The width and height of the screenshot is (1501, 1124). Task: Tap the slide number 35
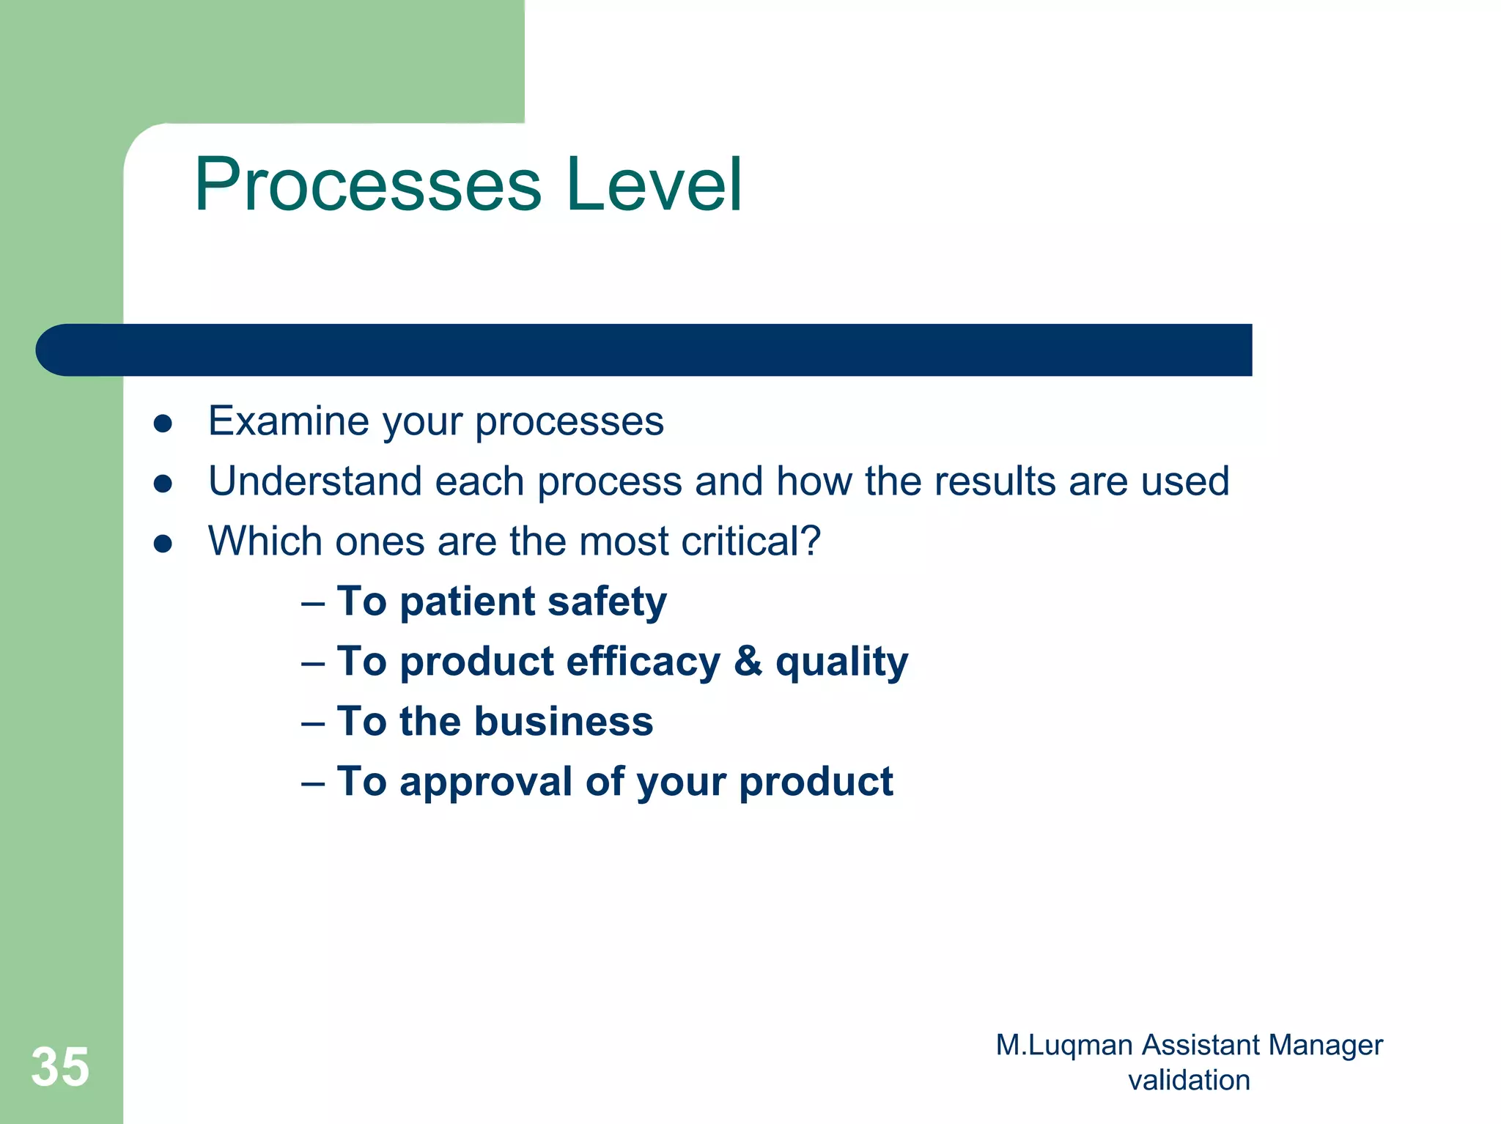tap(60, 1067)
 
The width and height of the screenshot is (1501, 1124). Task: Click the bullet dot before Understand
tap(163, 484)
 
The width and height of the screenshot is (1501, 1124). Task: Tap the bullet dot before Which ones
tap(163, 544)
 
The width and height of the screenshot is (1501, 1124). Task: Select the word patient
tap(468, 602)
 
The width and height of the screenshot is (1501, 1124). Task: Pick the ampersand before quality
tap(748, 661)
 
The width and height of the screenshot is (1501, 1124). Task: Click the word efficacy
tap(643, 662)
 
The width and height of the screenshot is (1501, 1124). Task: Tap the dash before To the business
tap(313, 724)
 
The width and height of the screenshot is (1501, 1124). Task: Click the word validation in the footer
tap(1189, 1080)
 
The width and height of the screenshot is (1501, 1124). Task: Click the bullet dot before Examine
tap(163, 424)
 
